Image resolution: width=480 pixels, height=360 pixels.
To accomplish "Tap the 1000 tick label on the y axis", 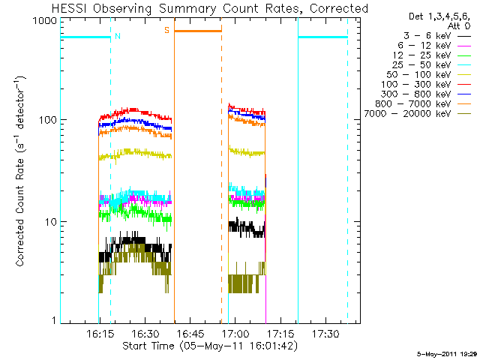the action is coord(45,21).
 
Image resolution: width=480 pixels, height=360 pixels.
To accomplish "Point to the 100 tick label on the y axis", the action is coord(48,120).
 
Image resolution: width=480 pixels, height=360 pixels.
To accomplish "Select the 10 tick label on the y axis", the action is coord(51,222).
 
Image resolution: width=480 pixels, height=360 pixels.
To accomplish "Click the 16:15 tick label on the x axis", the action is coord(100,334).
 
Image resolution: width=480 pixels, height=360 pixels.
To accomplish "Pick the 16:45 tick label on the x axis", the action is coord(190,334).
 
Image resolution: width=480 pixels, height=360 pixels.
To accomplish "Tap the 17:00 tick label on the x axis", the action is coord(235,334).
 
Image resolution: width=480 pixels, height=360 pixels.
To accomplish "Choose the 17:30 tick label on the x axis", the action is coord(325,334).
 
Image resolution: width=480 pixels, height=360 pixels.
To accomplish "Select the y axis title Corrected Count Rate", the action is coord(20,212).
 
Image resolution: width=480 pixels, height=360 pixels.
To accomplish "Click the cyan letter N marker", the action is coord(118,36).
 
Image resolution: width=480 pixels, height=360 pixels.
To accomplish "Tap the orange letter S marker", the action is coord(166,30).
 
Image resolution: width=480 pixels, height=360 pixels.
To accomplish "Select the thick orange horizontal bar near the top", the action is coord(198,31).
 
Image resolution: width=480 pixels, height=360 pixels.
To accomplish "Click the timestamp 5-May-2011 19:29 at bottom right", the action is coord(448,354).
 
